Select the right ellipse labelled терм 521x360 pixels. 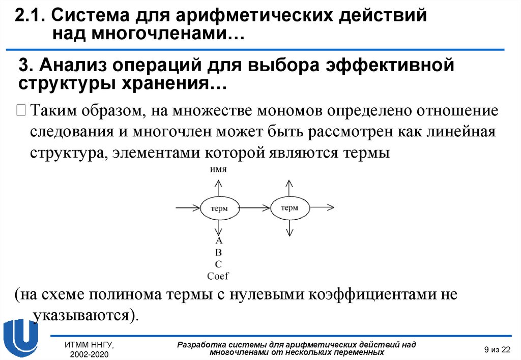(290, 207)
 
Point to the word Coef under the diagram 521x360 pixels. (218, 276)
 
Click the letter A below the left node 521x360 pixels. (219, 241)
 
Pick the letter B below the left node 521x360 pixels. (219, 252)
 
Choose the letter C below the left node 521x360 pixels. (219, 264)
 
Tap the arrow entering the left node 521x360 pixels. (187, 207)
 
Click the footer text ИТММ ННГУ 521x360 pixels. (89, 345)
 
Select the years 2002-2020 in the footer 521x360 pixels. (89, 353)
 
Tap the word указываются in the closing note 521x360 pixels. (83, 315)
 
